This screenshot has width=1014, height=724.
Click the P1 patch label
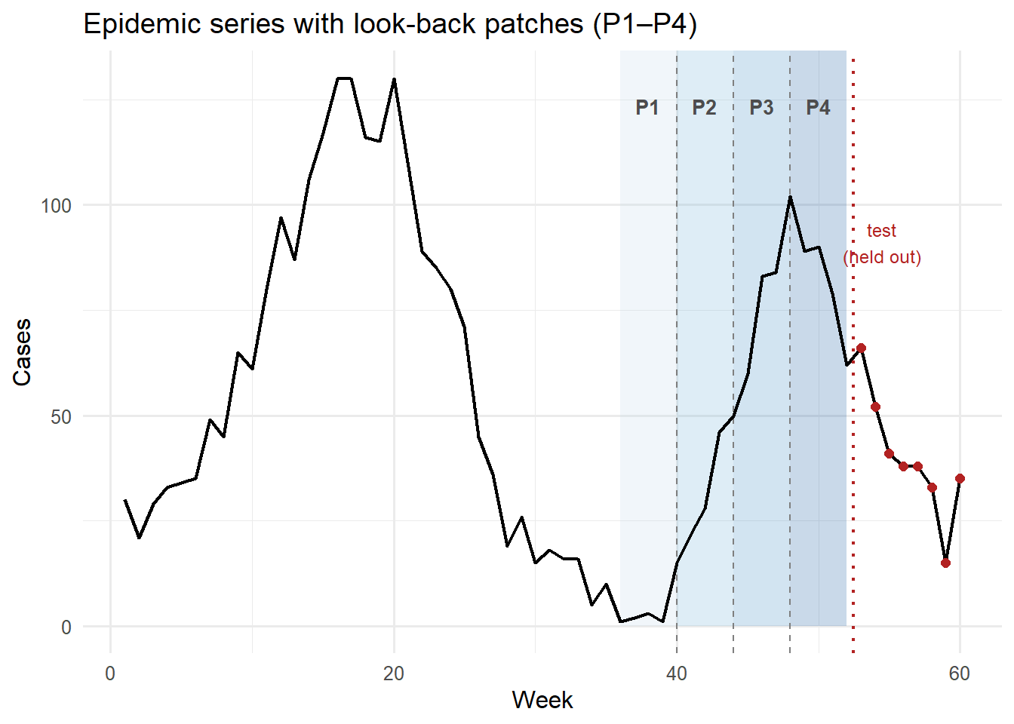click(x=647, y=108)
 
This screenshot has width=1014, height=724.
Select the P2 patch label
click(x=704, y=108)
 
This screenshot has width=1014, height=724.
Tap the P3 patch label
click(x=761, y=108)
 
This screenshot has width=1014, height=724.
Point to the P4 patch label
click(x=818, y=108)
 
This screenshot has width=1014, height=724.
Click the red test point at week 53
click(x=861, y=348)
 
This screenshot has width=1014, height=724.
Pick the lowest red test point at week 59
click(x=945, y=563)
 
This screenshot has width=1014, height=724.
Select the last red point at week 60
click(x=960, y=478)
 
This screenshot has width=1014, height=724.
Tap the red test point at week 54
click(x=875, y=407)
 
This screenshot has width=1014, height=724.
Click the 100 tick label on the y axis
click(x=56, y=206)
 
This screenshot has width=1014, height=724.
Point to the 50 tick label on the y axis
click(x=60, y=417)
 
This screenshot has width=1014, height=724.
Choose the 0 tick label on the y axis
click(x=66, y=627)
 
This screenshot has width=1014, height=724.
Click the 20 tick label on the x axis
click(x=394, y=673)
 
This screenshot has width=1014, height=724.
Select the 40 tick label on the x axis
click(x=677, y=673)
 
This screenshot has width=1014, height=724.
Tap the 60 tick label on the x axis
click(x=960, y=673)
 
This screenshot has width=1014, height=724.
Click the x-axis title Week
click(x=542, y=700)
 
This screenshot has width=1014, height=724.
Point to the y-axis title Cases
click(x=23, y=352)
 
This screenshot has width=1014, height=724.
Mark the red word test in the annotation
click(x=881, y=231)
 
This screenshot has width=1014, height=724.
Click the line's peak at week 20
click(x=394, y=79)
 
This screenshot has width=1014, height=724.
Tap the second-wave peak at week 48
click(x=790, y=197)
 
